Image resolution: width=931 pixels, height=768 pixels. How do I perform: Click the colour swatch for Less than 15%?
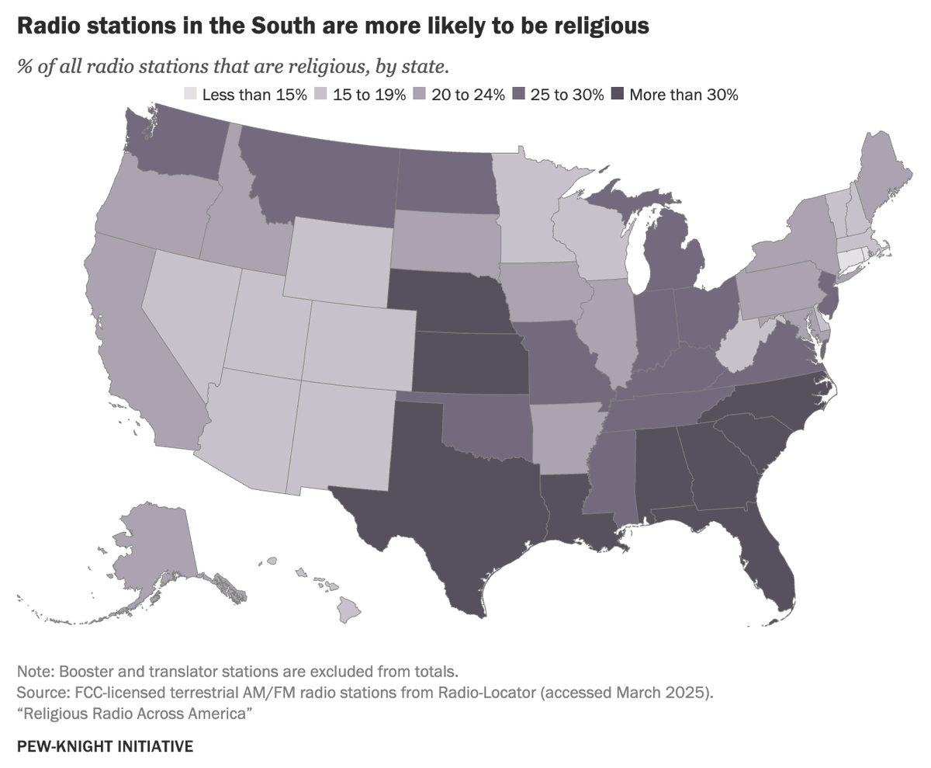click(190, 95)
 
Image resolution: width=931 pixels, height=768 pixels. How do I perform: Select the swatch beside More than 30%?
click(617, 95)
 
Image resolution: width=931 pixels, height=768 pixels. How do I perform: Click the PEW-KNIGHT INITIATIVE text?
click(104, 746)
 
